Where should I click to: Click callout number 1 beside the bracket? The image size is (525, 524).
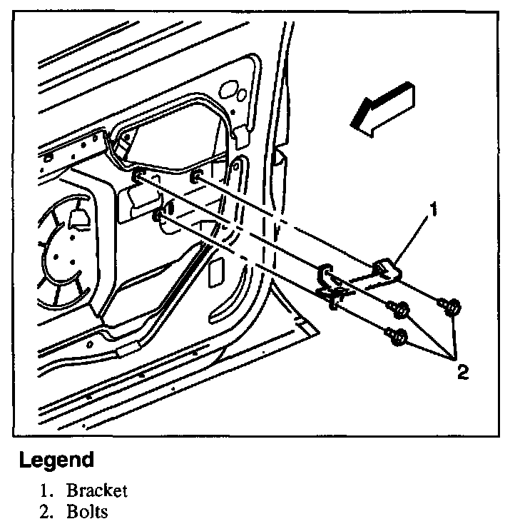coord(432,211)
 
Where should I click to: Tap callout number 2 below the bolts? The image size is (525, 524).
coord(463,372)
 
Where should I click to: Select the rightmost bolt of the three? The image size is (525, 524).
coord(451,306)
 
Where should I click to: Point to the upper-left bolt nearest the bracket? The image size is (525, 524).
coord(399,308)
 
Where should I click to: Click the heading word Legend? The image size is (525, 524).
coord(56,460)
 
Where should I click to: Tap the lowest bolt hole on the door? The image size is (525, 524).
coord(160,212)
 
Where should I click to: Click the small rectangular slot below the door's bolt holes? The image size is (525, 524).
coord(215,271)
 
